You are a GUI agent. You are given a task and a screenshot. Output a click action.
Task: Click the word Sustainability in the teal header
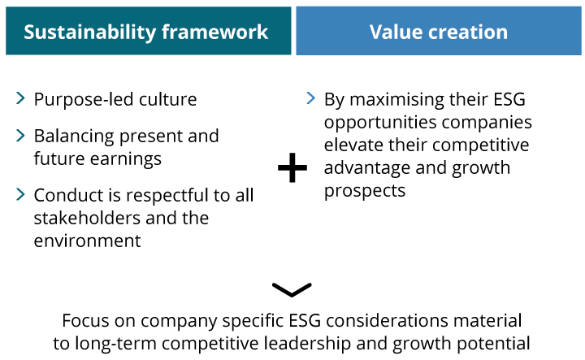(90, 33)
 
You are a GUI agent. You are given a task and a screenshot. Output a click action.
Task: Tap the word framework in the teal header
(214, 32)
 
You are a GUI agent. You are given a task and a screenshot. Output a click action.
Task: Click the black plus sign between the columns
(292, 167)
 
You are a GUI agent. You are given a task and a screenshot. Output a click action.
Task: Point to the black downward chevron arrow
(292, 290)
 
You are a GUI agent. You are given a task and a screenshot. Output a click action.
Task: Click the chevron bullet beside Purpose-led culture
(20, 98)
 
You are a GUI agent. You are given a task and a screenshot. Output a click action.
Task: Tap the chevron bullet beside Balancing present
(20, 135)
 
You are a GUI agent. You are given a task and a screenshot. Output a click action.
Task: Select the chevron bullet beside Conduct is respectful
(20, 194)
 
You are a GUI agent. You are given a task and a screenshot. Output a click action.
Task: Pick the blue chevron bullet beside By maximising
(310, 98)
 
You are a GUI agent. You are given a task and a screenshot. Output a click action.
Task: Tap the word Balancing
(74, 137)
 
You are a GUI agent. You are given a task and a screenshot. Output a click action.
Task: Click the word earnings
(126, 159)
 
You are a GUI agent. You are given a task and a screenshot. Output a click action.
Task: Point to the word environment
(87, 241)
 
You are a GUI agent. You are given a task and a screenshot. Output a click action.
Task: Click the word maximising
(396, 100)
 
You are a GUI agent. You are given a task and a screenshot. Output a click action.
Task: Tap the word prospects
(365, 192)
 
